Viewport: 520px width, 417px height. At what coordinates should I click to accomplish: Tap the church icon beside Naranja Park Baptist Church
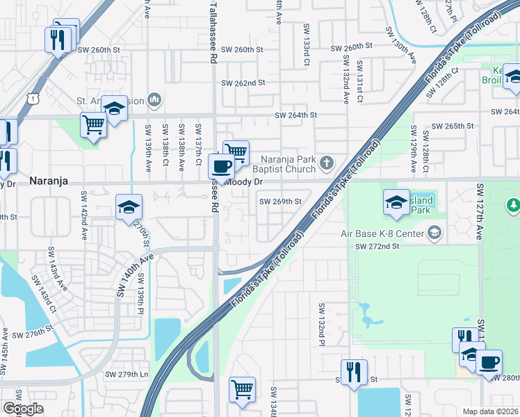coord(327,165)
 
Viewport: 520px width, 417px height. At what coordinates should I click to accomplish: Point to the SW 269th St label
coord(280,202)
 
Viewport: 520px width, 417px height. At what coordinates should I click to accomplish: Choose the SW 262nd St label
coord(243,83)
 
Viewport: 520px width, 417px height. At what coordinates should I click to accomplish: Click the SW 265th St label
coord(453,126)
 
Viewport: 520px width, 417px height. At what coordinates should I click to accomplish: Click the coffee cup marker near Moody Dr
coord(222,167)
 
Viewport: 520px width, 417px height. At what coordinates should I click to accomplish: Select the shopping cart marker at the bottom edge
coord(242,389)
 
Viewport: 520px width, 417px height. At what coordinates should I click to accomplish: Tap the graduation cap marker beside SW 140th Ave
coord(129,207)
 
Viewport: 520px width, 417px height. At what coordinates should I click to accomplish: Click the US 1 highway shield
coord(33,100)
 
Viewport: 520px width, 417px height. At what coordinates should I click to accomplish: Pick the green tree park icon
coord(514,205)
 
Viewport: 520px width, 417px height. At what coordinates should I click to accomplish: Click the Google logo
coord(23,409)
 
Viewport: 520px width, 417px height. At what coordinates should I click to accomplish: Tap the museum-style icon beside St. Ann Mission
coord(154,101)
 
